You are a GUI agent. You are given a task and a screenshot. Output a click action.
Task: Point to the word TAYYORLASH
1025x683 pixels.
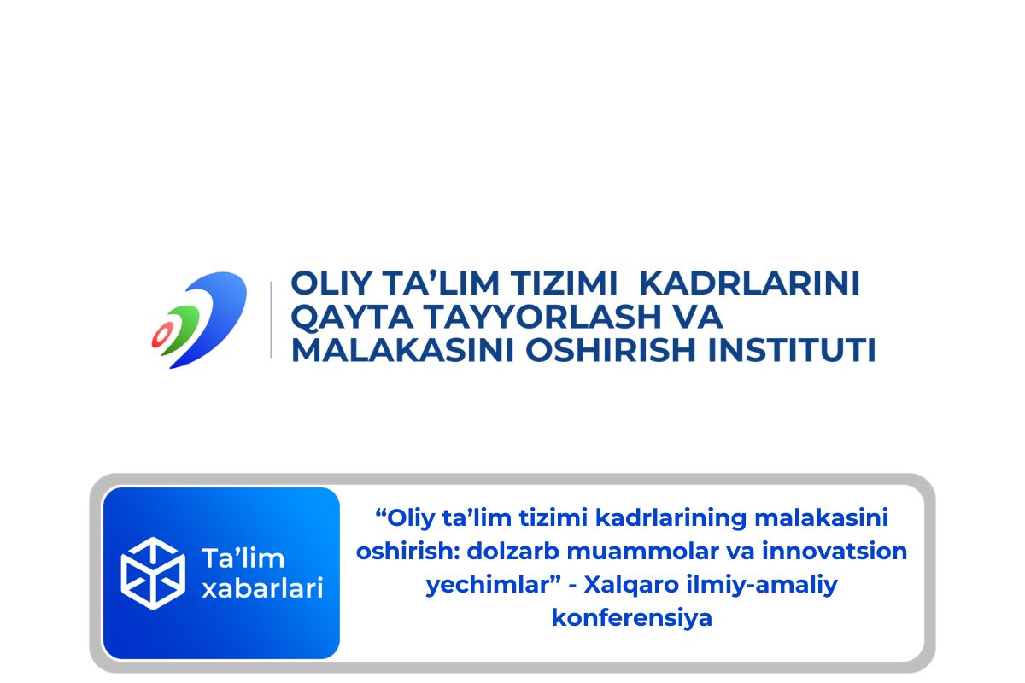coord(535,317)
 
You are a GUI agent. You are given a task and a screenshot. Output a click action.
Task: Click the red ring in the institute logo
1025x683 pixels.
coord(161,336)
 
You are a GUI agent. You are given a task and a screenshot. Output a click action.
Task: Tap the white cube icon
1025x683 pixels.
coord(153,573)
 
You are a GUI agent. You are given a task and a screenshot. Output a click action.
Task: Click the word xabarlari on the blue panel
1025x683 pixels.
coord(261,588)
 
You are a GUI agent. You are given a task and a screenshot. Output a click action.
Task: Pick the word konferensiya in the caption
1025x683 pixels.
coord(631,617)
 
